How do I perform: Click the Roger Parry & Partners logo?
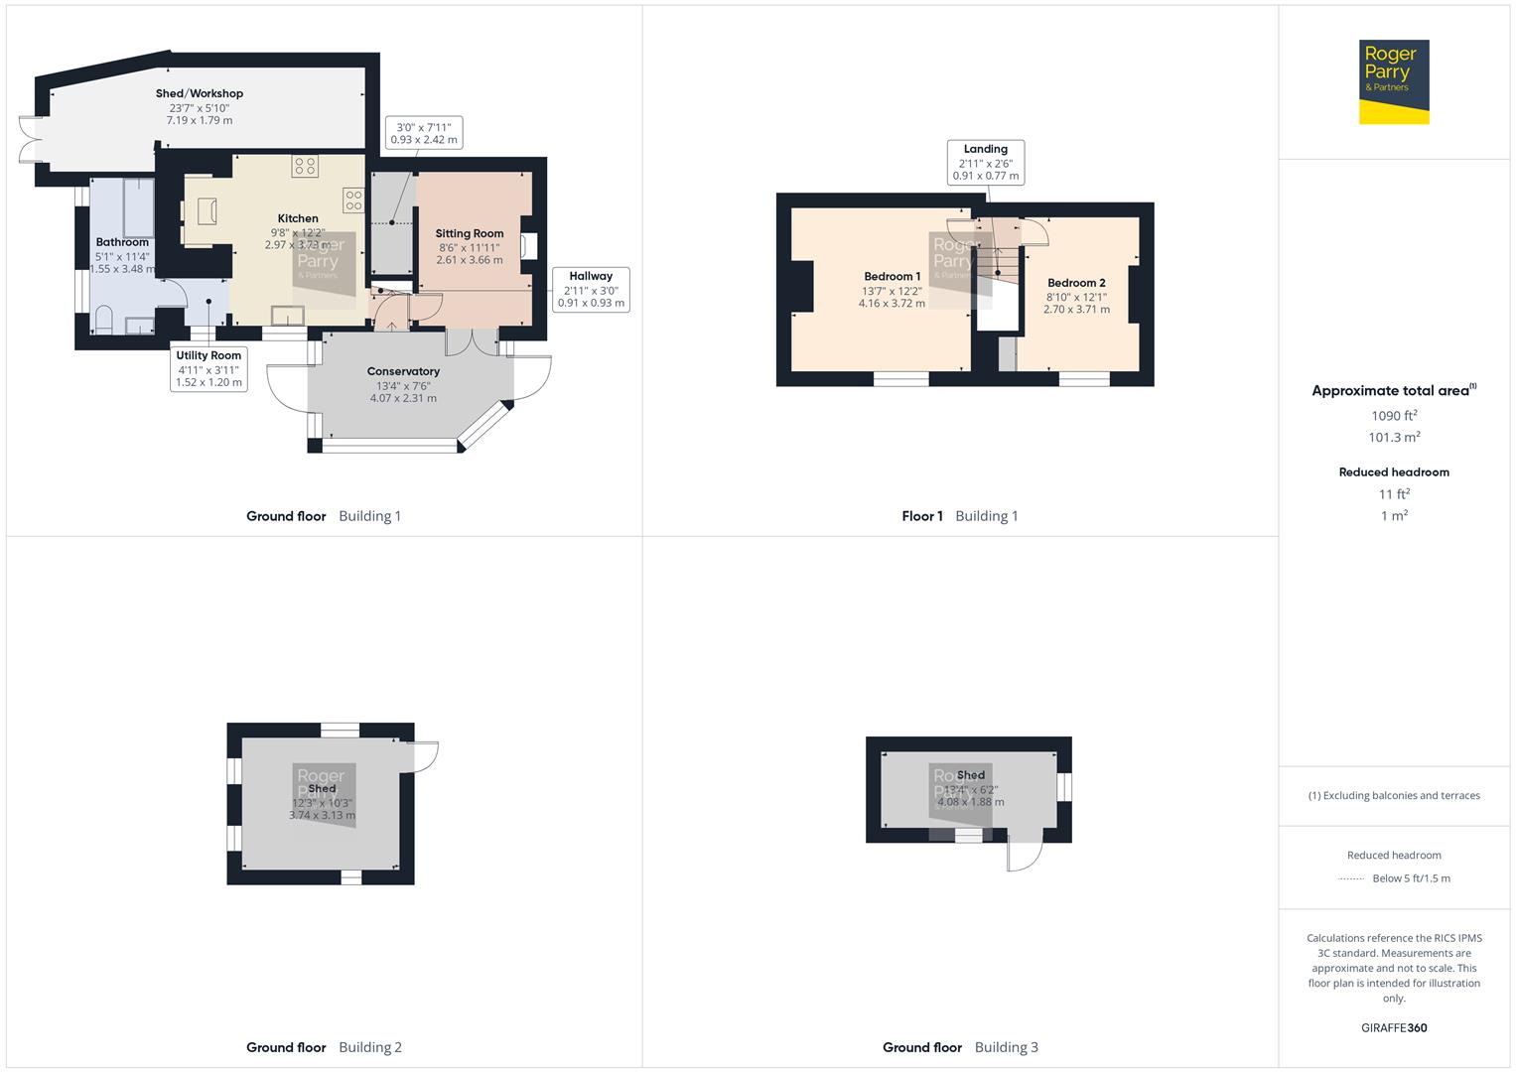click(x=1393, y=82)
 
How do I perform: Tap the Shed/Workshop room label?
click(x=200, y=93)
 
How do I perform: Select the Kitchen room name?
click(x=298, y=218)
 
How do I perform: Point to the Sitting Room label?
click(x=470, y=234)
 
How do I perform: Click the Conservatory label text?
click(x=403, y=371)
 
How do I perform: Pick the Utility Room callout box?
click(x=209, y=368)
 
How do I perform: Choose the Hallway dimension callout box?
click(x=591, y=289)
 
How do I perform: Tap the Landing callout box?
click(x=985, y=162)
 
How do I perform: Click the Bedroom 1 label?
click(x=892, y=277)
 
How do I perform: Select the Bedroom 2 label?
click(x=1076, y=283)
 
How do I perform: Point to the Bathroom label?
click(x=122, y=242)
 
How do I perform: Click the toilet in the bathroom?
click(x=104, y=320)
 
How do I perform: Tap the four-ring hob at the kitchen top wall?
click(x=305, y=166)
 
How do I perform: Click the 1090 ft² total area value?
click(x=1394, y=416)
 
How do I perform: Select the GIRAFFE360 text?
click(x=1394, y=1028)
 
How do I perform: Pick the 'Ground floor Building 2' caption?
click(x=324, y=1047)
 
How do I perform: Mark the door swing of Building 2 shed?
click(x=424, y=756)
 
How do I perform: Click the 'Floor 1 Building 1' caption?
click(x=959, y=516)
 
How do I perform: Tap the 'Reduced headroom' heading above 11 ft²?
click(x=1394, y=472)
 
